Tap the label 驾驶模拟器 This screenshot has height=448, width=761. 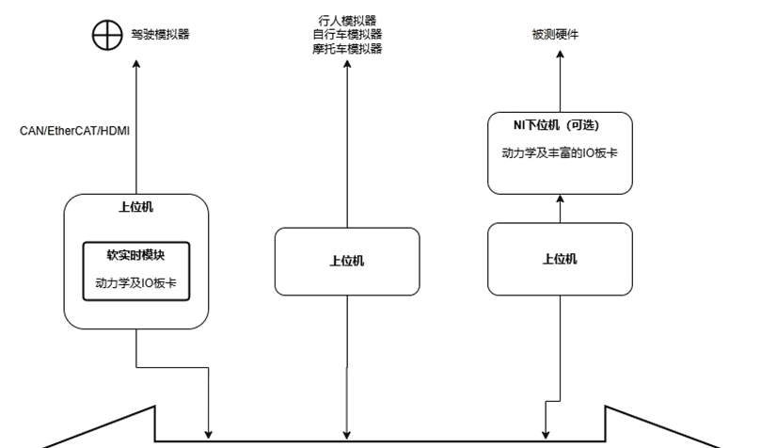click(159, 35)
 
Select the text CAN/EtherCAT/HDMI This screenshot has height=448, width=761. click(74, 131)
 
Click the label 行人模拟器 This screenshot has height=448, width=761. click(347, 20)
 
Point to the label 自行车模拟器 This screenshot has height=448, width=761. click(347, 34)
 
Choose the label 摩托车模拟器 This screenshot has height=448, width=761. click(347, 48)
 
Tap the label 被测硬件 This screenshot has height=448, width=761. click(555, 35)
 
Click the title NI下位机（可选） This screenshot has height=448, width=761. click(559, 125)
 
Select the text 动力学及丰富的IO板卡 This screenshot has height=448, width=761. click(559, 152)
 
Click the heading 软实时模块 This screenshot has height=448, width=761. click(135, 254)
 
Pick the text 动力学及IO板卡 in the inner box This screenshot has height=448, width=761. click(135, 281)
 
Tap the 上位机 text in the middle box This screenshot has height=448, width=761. click(347, 261)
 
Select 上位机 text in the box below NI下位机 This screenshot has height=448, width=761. click(559, 260)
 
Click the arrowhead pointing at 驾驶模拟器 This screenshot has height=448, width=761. click(136, 64)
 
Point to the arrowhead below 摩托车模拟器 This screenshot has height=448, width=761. click(347, 64)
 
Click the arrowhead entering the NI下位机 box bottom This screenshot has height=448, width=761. click(559, 199)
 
